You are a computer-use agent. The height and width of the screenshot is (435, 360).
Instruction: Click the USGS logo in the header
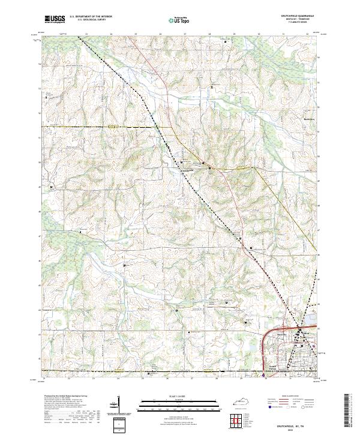pyautogui.click(x=55, y=19)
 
